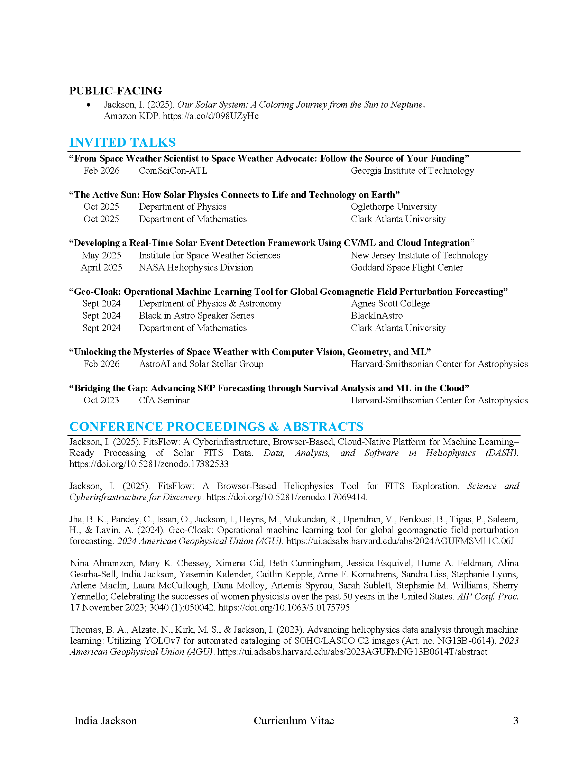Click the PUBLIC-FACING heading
pyautogui.click(x=115, y=91)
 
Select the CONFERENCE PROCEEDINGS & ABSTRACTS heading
pyautogui.click(x=216, y=427)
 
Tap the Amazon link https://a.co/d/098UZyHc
pyautogui.click(x=210, y=116)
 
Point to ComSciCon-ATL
pyautogui.click(x=173, y=171)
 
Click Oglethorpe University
pyautogui.click(x=393, y=207)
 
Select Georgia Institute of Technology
pyautogui.click(x=412, y=171)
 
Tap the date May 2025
pyautogui.click(x=101, y=255)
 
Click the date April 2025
pyautogui.click(x=101, y=268)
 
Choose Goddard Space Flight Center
pyautogui.click(x=406, y=268)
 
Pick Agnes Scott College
pyautogui.click(x=390, y=303)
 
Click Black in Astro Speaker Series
pyautogui.click(x=196, y=316)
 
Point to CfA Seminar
pyautogui.click(x=164, y=400)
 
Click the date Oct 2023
pyautogui.click(x=101, y=400)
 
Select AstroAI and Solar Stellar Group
pyautogui.click(x=201, y=364)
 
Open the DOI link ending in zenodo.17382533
pyautogui.click(x=149, y=464)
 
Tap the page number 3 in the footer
pyautogui.click(x=516, y=721)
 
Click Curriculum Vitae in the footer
pyautogui.click(x=294, y=721)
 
